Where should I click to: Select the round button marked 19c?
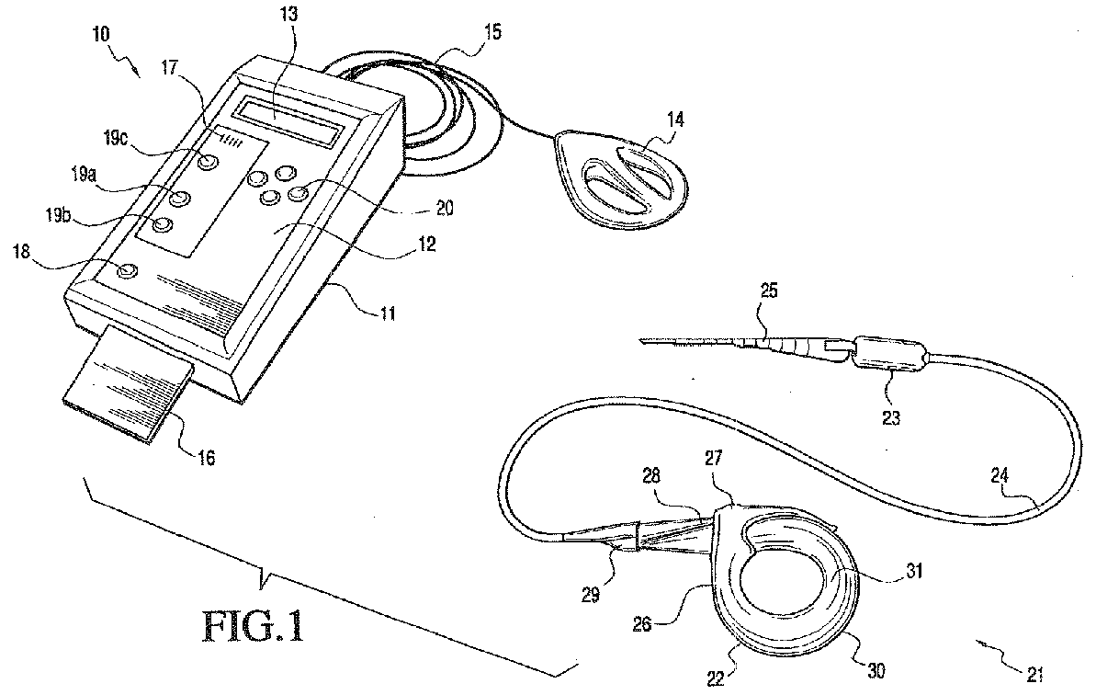tap(210, 162)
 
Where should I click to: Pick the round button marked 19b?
tap(164, 225)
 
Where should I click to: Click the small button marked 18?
tap(128, 270)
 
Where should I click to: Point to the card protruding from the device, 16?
tap(128, 390)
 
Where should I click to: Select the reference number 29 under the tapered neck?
tap(589, 594)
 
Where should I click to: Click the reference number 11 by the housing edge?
tap(387, 313)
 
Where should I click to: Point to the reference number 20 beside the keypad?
tap(445, 209)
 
